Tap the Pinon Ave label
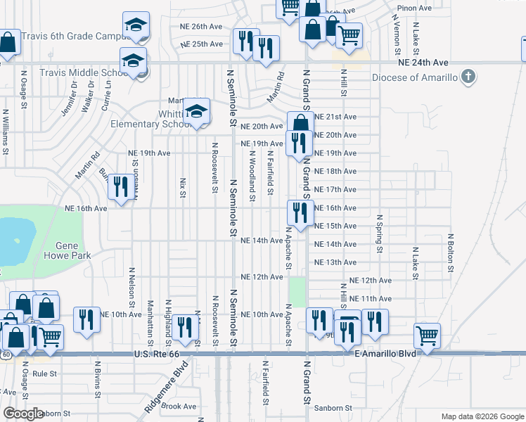414,8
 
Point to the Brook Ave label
179,406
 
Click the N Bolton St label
449,252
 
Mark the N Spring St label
379,234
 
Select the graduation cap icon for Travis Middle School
133,61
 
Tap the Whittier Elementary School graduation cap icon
196,111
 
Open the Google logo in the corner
23,414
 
